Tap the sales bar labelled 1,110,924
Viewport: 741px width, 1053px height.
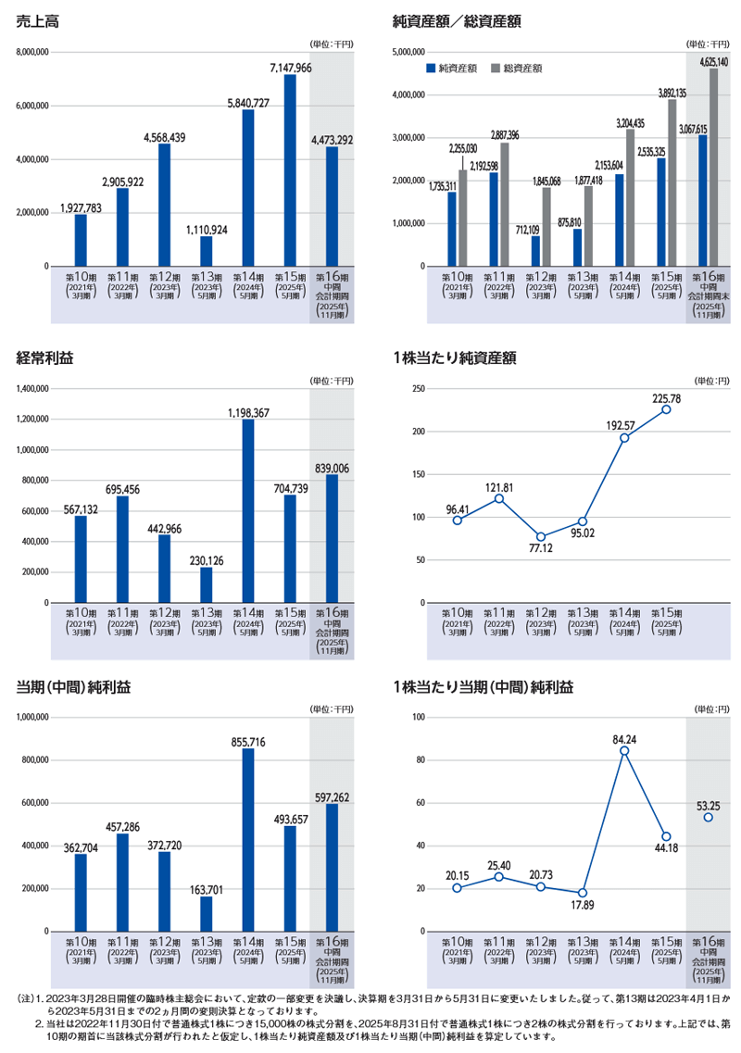(x=206, y=251)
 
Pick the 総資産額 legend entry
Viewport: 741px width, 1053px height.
(x=517, y=68)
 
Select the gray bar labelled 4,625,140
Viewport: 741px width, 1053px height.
(x=713, y=168)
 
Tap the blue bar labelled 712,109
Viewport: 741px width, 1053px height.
(x=535, y=251)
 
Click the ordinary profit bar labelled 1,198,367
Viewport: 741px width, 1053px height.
(x=247, y=511)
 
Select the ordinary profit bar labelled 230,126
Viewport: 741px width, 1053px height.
(x=206, y=585)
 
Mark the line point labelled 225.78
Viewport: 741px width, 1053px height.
(x=666, y=409)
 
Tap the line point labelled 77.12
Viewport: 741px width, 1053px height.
(x=541, y=537)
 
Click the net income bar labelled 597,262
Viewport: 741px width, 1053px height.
(x=331, y=867)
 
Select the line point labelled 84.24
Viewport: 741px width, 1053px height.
(x=624, y=751)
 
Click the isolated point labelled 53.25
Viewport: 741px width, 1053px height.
(x=708, y=817)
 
